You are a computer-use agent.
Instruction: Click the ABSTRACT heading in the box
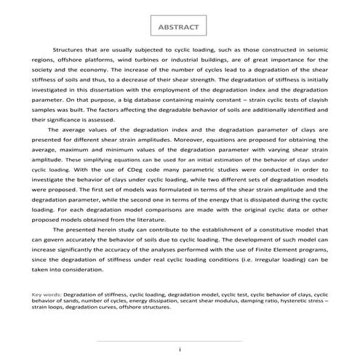click(178, 27)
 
